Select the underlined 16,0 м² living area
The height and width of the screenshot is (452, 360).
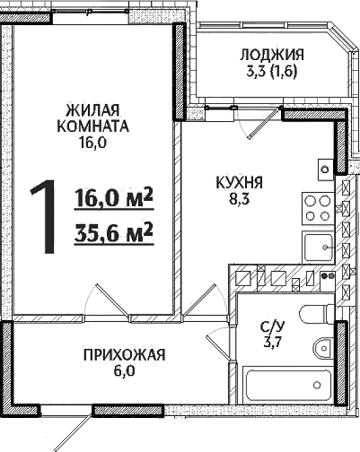tap(110, 197)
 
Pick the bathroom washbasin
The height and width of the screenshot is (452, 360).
tap(323, 347)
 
